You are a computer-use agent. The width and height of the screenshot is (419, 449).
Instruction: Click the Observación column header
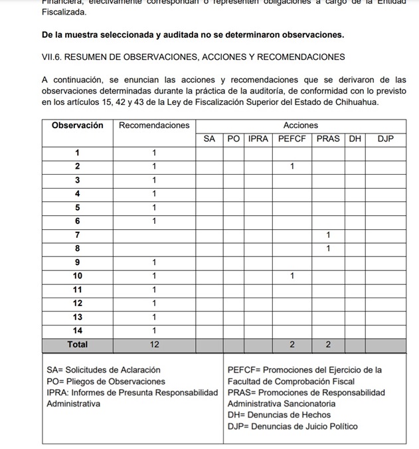click(78, 125)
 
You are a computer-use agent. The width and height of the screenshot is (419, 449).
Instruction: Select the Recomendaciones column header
click(154, 125)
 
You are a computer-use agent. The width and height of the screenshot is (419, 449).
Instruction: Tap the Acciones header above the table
click(300, 125)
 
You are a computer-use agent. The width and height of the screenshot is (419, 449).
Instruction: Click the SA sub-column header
click(209, 139)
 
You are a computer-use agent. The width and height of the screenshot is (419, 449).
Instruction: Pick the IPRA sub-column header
click(258, 139)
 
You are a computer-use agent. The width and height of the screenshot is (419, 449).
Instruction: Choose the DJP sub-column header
click(385, 139)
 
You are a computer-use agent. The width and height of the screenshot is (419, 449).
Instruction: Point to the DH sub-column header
click(355, 139)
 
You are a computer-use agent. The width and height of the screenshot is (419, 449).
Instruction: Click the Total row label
click(78, 345)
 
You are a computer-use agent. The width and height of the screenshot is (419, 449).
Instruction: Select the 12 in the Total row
click(154, 345)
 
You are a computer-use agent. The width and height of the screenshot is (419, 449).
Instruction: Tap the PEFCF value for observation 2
click(292, 166)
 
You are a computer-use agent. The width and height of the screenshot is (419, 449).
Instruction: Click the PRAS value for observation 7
click(328, 234)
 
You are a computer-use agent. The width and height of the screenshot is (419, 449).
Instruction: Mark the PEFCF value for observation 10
click(292, 276)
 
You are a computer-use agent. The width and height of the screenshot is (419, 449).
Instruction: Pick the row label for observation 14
click(78, 330)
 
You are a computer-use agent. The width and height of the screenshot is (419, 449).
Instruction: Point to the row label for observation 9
click(78, 262)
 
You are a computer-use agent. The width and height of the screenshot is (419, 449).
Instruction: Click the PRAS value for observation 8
click(328, 248)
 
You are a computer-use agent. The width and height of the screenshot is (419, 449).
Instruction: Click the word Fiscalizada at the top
click(63, 12)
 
